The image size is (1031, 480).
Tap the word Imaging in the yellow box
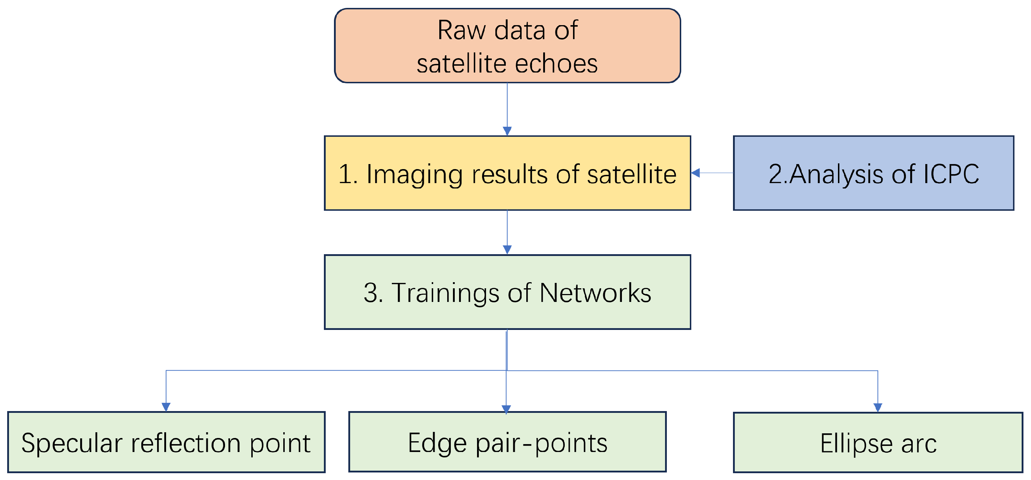pyautogui.click(x=414, y=174)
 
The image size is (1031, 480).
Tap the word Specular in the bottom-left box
pyautogui.click(x=72, y=443)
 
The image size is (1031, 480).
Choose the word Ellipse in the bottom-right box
pyautogui.click(x=856, y=444)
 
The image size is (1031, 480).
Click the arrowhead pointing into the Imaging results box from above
pyautogui.click(x=507, y=131)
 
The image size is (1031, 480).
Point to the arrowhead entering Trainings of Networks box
pyautogui.click(x=507, y=250)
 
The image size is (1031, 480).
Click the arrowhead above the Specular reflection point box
pyautogui.click(x=166, y=407)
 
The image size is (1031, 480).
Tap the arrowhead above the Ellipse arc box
pyautogui.click(x=878, y=408)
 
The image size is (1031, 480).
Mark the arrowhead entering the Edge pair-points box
pyautogui.click(x=506, y=409)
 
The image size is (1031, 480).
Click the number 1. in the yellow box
pyautogui.click(x=347, y=174)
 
